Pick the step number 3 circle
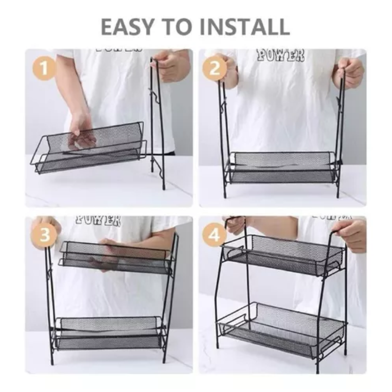(x=44, y=235)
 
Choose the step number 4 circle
(x=214, y=235)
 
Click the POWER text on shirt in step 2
(x=280, y=55)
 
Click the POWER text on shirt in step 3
(x=98, y=221)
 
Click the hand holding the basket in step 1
(x=82, y=131)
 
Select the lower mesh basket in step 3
(x=109, y=332)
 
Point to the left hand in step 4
(x=236, y=224)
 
